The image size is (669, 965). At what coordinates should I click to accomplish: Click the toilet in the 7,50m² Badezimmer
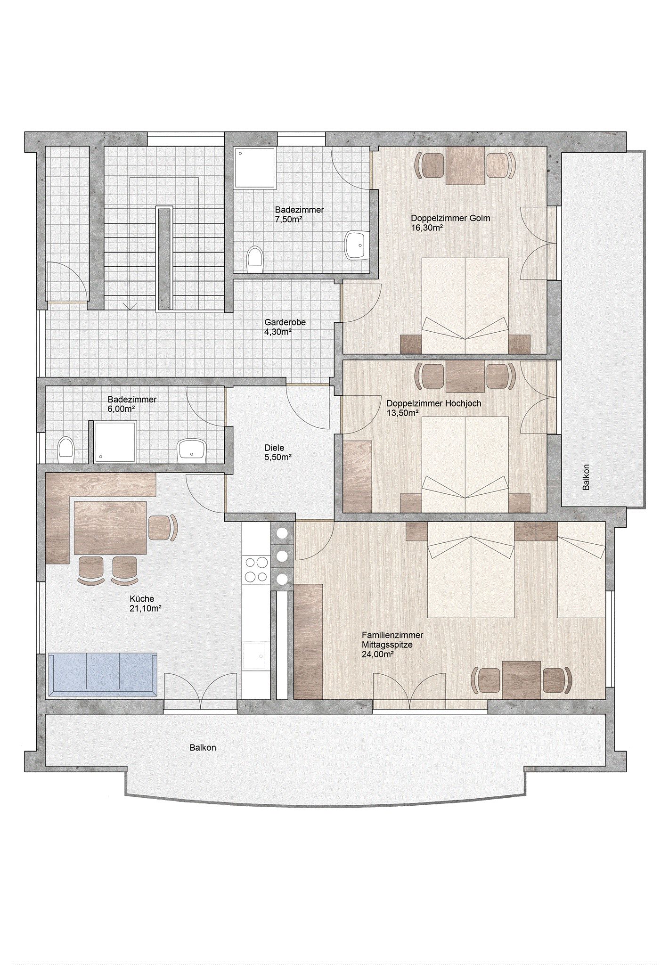255,259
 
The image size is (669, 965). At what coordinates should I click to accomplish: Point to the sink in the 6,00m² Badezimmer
192,450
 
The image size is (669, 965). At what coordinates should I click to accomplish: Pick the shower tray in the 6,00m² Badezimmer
115,442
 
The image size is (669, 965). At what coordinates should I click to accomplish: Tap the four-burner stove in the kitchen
255,570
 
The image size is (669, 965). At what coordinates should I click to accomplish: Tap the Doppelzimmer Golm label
450,223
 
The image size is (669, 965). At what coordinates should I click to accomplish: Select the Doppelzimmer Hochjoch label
433,408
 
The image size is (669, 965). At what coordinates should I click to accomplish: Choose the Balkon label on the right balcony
586,477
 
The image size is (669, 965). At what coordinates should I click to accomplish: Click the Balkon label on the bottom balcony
203,748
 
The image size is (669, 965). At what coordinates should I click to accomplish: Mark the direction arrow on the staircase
126,305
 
